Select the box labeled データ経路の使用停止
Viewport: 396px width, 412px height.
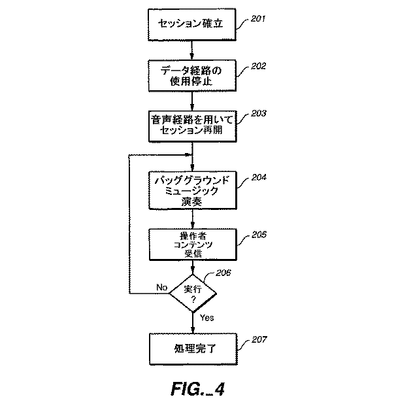click(x=191, y=76)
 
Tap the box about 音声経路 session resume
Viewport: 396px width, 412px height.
click(x=191, y=125)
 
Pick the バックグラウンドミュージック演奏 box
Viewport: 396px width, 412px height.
click(x=191, y=189)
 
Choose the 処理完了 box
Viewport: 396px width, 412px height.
click(x=191, y=351)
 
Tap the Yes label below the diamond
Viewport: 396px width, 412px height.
click(x=207, y=318)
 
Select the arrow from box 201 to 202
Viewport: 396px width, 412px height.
click(x=191, y=50)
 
